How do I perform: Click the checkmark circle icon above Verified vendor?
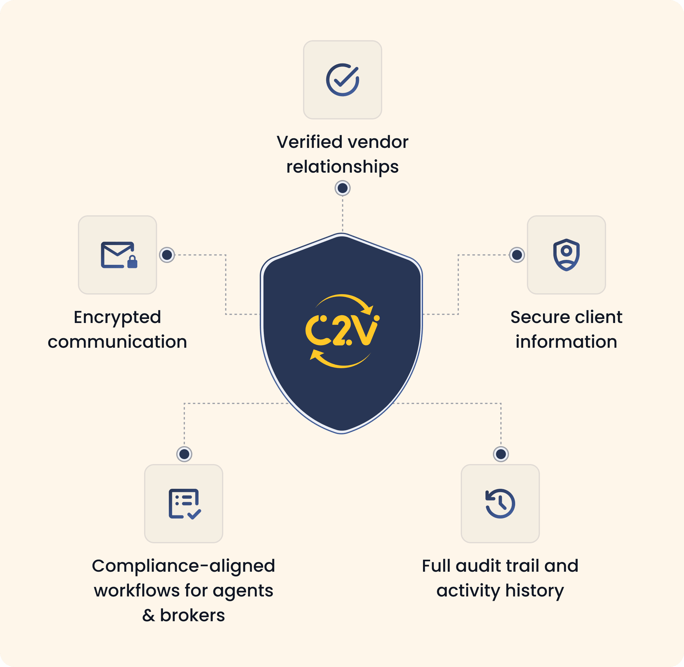[342, 80]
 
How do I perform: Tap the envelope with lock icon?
[118, 255]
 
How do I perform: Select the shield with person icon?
[566, 255]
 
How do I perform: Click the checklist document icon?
[184, 504]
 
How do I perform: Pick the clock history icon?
[500, 503]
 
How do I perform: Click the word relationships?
[342, 167]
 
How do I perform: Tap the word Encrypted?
[117, 318]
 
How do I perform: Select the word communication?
[117, 342]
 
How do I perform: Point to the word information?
[566, 342]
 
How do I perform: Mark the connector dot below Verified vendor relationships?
[342, 188]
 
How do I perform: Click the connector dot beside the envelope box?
[167, 255]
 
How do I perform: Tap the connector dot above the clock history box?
[501, 454]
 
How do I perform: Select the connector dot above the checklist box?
[184, 454]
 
